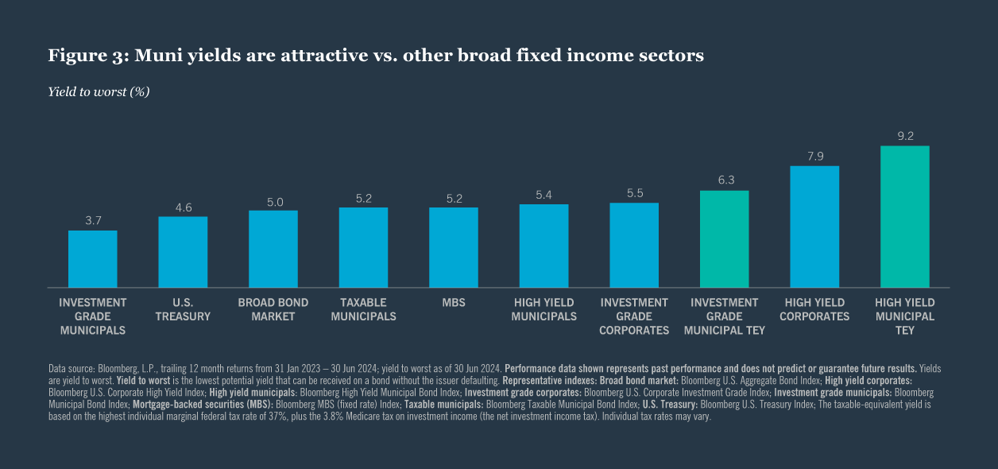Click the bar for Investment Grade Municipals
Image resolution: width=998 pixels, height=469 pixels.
coord(92,259)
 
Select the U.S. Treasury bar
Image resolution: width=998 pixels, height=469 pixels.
coord(183,252)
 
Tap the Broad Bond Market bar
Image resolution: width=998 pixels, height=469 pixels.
coord(273,249)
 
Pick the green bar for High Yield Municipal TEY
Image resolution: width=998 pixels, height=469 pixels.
coord(904,216)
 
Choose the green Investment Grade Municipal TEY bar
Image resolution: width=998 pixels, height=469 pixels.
coord(724,238)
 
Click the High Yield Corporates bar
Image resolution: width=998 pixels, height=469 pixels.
coord(814,227)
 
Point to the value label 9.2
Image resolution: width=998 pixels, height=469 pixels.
coord(905,136)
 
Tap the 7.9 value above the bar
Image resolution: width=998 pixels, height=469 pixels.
coord(814,156)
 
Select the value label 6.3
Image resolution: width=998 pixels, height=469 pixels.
coord(724,180)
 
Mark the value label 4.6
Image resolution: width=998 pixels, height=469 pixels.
coord(183,207)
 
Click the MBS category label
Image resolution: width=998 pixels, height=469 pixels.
coord(454,303)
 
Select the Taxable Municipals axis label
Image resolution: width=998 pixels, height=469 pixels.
coord(363,309)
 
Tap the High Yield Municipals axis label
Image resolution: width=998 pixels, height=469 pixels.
coord(543,309)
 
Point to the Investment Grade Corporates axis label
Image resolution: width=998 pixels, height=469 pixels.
coord(634,316)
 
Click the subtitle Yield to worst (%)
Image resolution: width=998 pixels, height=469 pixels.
coord(99,91)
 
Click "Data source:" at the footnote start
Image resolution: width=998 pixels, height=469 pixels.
coord(72,369)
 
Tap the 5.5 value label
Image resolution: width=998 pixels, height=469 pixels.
coord(634,193)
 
